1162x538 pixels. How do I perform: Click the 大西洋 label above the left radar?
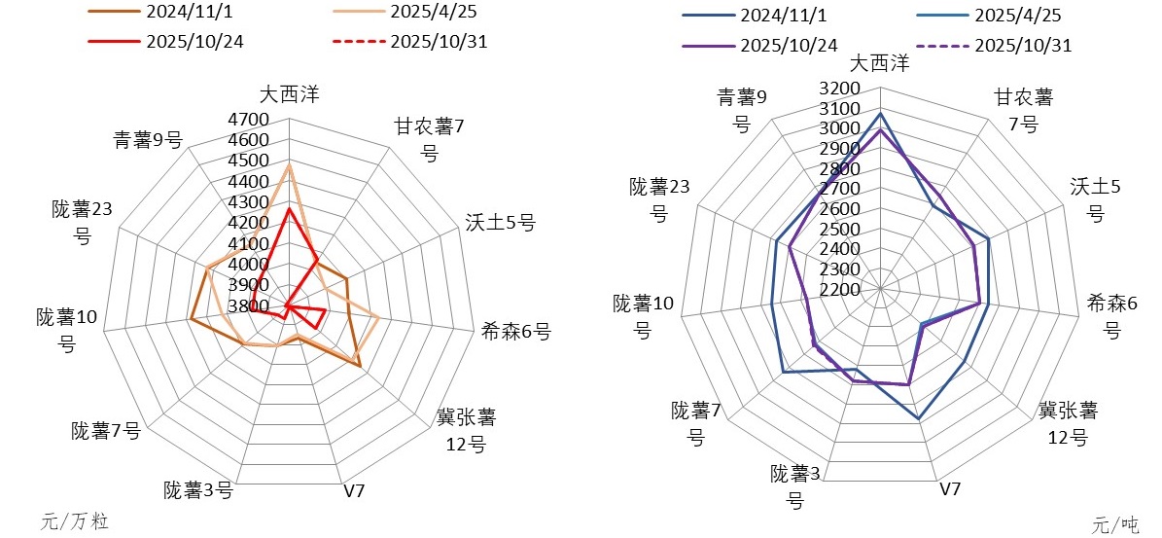pyautogui.click(x=289, y=93)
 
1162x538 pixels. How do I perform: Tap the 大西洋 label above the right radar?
pyautogui.click(x=879, y=63)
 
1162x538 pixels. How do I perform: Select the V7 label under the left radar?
pyautogui.click(x=354, y=490)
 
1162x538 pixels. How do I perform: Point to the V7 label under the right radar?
pyautogui.click(x=950, y=488)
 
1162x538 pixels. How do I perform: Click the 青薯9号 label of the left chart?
pyautogui.click(x=148, y=140)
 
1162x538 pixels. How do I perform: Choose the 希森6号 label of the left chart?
pyautogui.click(x=516, y=332)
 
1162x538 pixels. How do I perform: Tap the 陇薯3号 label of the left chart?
pyautogui.click(x=198, y=489)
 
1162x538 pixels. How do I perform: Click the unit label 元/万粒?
pyautogui.click(x=75, y=521)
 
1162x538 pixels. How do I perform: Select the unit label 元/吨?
pyautogui.click(x=1115, y=525)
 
